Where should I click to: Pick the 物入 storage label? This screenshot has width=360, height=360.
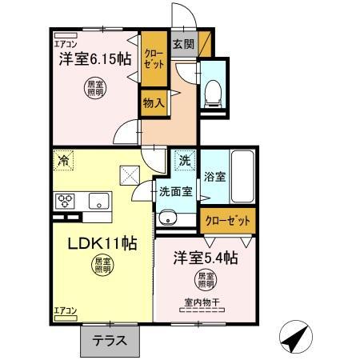click(154, 102)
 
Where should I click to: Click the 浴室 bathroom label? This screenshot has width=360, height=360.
click(214, 176)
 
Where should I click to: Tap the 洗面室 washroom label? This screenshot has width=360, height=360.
click(174, 191)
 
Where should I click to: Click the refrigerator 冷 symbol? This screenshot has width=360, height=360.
click(63, 159)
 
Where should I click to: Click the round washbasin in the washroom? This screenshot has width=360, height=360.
click(168, 217)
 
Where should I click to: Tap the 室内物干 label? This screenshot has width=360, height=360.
click(202, 302)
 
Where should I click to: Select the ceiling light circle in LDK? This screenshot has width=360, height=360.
click(100, 265)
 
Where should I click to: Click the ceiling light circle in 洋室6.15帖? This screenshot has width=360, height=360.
click(94, 89)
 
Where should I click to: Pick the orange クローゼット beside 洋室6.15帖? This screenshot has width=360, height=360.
click(153, 58)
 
